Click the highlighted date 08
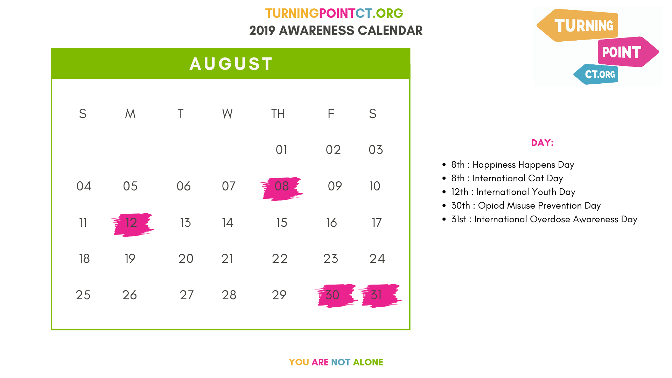(282, 186)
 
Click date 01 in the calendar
(281, 150)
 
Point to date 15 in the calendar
(282, 223)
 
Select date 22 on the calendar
(280, 259)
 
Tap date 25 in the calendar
(83, 295)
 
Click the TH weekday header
(278, 114)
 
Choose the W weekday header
(227, 114)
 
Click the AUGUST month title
(231, 64)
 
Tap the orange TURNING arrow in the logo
(577, 26)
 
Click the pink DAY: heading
(542, 143)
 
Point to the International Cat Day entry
(507, 178)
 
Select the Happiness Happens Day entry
(513, 165)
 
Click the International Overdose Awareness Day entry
(544, 219)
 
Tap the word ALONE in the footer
(368, 362)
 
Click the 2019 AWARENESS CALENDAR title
(336, 31)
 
